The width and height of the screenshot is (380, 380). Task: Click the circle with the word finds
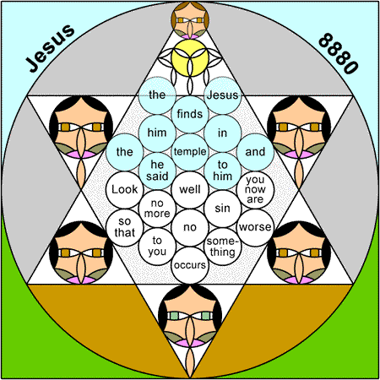[190, 114]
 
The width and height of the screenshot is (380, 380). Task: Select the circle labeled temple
[190, 152]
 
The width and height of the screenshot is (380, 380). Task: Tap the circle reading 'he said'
[157, 171]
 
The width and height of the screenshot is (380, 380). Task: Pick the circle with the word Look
[125, 190]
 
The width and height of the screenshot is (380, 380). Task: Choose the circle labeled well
[190, 190]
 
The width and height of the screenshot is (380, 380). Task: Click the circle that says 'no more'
[157, 209]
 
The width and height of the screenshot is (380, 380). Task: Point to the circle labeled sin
[223, 209]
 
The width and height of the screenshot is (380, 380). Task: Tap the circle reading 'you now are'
[255, 190]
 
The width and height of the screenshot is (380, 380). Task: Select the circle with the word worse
[255, 227]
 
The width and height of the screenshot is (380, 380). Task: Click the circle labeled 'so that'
[125, 227]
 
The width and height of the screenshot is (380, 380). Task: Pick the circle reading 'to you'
[157, 247]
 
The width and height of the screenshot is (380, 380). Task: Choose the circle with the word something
[223, 247]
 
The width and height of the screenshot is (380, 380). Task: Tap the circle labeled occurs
[190, 265]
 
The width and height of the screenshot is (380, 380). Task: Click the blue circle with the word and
[255, 152]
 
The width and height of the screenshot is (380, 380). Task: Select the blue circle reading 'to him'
[223, 171]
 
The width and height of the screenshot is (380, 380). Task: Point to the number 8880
[339, 53]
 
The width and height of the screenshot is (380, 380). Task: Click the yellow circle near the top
[190, 58]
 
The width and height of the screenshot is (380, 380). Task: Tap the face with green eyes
[190, 316]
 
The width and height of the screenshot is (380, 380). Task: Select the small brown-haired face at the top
[190, 20]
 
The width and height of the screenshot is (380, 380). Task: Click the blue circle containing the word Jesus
[223, 95]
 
